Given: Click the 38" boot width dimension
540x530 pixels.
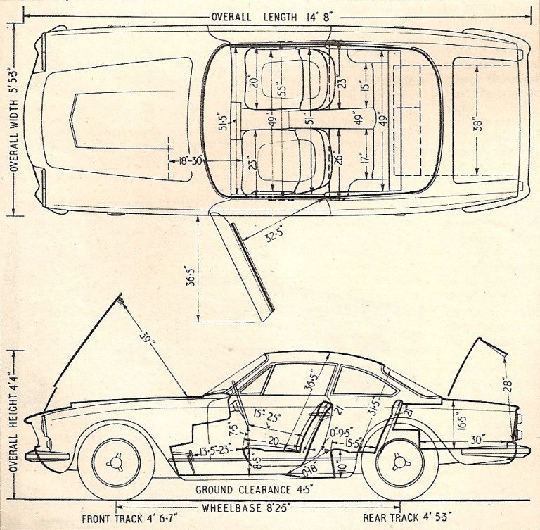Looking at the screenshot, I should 478,124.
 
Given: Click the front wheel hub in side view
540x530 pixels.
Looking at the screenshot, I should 116,462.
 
